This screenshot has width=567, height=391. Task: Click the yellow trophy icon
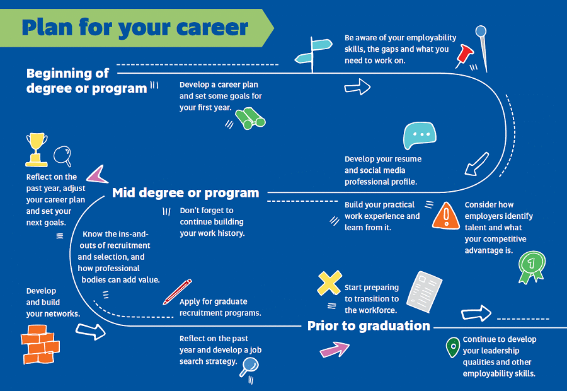36,149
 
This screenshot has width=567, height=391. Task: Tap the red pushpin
464,55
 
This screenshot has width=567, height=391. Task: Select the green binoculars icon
250,118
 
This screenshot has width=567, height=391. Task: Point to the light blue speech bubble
420,135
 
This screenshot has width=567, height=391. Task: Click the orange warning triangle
446,216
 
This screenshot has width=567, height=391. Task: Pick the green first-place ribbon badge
532,267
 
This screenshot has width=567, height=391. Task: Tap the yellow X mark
329,283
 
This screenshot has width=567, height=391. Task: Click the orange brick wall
40,344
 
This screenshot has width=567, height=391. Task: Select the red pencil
177,292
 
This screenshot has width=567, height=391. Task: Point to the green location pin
453,347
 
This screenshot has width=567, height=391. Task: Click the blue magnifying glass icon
249,367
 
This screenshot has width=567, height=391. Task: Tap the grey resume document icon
424,291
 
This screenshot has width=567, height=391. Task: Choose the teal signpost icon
312,54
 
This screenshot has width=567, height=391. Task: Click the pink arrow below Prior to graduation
335,349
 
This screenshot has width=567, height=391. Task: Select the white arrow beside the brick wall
90,331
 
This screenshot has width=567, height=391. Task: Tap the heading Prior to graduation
369,325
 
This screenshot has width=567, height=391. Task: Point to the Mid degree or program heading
185,193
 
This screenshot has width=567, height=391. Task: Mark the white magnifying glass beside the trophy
62,156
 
